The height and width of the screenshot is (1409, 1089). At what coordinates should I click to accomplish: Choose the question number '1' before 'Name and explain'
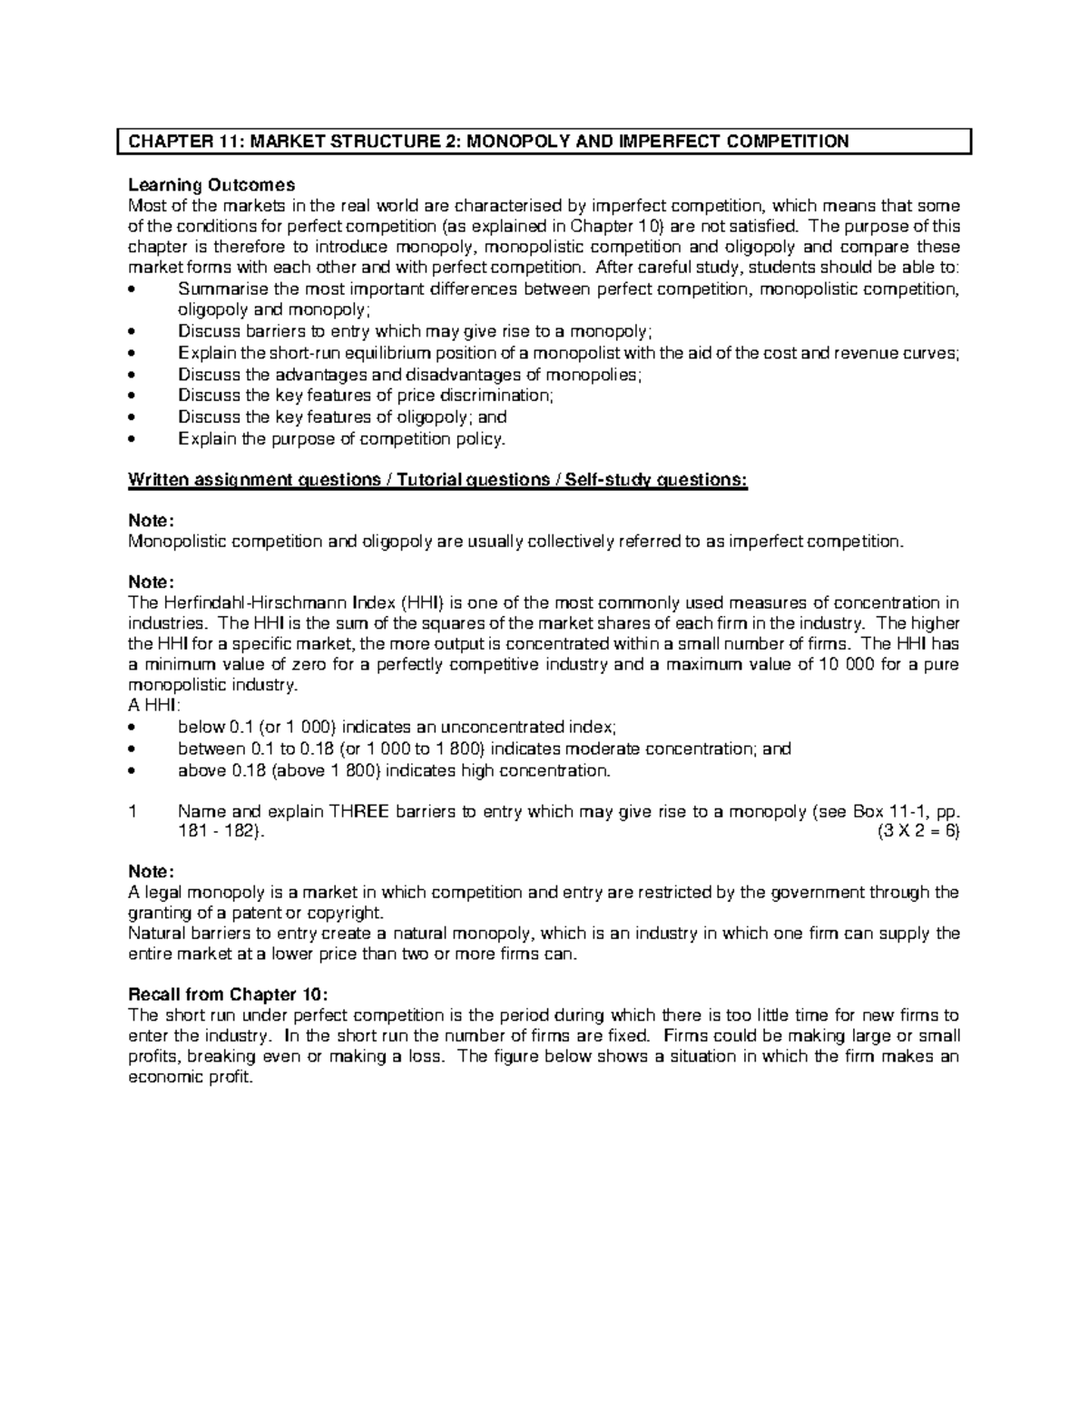click(132, 812)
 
